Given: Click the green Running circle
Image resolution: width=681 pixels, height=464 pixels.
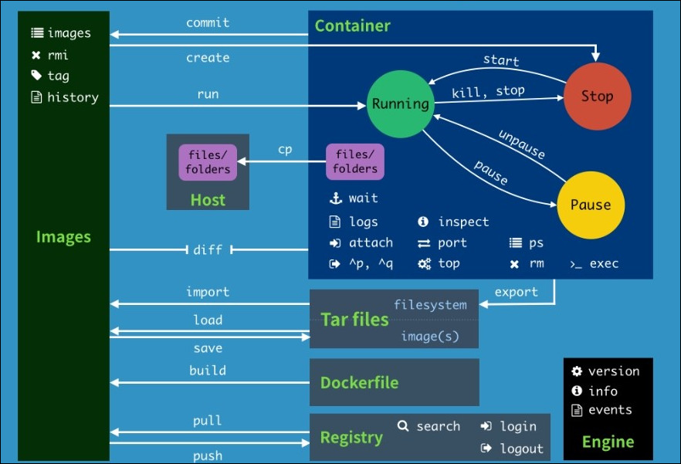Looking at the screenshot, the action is pos(401,103).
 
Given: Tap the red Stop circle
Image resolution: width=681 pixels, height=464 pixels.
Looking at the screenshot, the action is pos(597,96).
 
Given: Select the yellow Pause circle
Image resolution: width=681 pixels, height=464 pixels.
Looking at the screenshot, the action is pos(591,205).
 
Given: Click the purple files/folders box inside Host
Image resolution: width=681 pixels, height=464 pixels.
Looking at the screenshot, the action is pos(208,162).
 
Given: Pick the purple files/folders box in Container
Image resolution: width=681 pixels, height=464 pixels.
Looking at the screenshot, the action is pos(355,161).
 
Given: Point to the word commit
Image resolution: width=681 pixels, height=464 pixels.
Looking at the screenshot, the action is pos(208,22).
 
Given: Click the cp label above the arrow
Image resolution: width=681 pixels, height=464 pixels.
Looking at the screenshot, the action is pos(285,150).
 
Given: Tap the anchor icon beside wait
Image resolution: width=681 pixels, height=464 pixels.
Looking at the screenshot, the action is pos(336,198).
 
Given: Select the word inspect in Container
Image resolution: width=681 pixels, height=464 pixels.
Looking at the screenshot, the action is pos(463,222).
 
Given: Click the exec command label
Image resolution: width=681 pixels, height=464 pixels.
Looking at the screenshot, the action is pos(604,264).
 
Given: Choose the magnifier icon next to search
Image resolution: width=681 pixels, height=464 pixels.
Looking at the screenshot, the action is pos(403,425).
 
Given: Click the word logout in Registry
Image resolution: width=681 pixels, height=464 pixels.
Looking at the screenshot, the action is pos(522,449).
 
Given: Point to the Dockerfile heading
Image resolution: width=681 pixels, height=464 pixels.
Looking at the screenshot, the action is pos(359,382).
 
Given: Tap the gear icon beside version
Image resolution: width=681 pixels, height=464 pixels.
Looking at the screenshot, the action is pos(577,371).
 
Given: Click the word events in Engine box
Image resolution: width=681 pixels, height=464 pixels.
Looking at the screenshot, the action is pos(610,410).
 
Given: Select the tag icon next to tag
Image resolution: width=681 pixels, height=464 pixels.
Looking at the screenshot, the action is pos(36,76).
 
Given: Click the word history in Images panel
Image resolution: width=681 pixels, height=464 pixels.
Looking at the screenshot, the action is pos(73,97).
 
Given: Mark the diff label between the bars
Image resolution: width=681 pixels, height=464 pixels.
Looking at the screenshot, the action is pos(208,250).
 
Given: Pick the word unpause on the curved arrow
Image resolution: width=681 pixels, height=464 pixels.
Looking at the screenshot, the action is pos(522,144).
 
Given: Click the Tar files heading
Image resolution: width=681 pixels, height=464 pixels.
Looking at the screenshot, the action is pos(354,320).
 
